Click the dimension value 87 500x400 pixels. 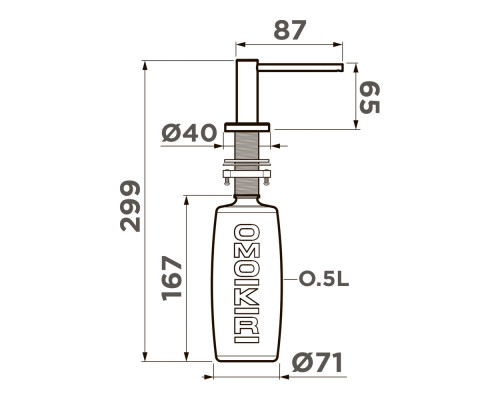click(x=290, y=30)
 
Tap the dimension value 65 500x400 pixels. click(x=370, y=98)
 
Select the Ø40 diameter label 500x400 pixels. click(x=189, y=133)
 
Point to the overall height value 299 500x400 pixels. click(x=130, y=206)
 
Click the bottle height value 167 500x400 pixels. click(x=172, y=278)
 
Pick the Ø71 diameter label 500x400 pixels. click(x=317, y=363)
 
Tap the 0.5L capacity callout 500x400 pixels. click(x=324, y=279)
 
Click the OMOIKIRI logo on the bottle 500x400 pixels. click(x=247, y=283)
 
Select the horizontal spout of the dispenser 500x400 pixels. click(x=300, y=67)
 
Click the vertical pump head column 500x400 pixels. click(x=247, y=91)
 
